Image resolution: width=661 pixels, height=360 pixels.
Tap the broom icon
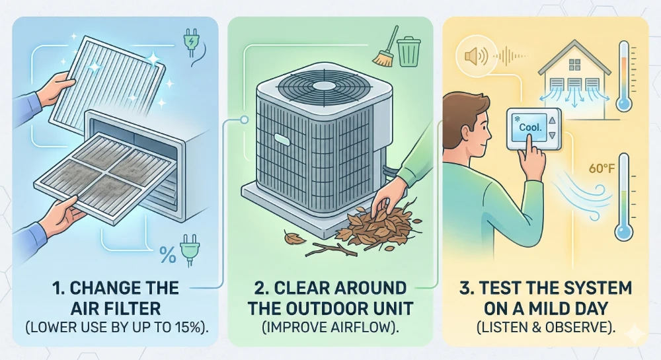point(385,50)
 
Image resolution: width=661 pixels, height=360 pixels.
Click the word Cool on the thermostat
point(531,126)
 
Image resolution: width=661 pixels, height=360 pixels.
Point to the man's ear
point(471,120)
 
